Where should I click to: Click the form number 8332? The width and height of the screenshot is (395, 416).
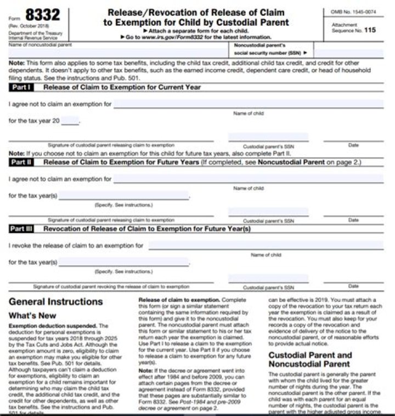[x=40, y=15]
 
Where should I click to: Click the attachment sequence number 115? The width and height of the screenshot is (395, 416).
[x=370, y=30]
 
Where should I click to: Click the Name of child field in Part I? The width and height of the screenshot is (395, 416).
[x=248, y=104]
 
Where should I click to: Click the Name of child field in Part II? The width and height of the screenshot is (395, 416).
[x=248, y=179]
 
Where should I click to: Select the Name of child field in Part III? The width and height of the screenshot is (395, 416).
[x=266, y=245]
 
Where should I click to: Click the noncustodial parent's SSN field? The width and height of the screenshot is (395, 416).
[x=348, y=53]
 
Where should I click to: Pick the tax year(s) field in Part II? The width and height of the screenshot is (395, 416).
[x=123, y=196]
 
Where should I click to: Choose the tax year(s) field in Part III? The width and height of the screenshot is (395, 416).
[x=123, y=262]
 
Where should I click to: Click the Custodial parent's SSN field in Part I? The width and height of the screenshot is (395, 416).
[x=268, y=137]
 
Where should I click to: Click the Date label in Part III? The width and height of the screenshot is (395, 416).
[x=353, y=286]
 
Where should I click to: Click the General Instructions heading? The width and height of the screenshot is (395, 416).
[x=56, y=302]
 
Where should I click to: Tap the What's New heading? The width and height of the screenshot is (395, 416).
[x=32, y=316]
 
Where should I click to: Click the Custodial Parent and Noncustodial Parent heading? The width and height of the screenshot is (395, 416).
[x=309, y=360]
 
